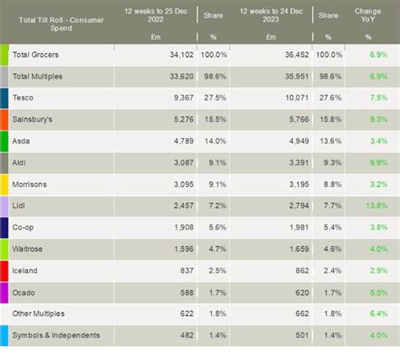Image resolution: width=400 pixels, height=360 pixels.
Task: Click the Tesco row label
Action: click(x=23, y=97)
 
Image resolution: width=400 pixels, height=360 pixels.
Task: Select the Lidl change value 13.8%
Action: click(x=378, y=205)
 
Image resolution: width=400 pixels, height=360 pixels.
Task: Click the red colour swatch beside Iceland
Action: click(x=4, y=270)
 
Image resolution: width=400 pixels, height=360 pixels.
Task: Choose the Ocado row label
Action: click(x=25, y=292)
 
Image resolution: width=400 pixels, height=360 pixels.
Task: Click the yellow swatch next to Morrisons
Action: click(x=4, y=183)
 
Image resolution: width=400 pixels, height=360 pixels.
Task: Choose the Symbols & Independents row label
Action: click(x=56, y=335)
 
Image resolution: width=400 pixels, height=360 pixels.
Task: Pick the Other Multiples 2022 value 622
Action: click(x=181, y=313)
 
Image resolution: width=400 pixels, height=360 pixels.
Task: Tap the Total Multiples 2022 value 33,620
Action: click(x=174, y=76)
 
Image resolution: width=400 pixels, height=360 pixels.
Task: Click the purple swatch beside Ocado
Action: click(x=4, y=292)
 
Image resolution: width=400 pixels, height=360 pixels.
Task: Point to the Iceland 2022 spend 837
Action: click(x=181, y=270)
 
